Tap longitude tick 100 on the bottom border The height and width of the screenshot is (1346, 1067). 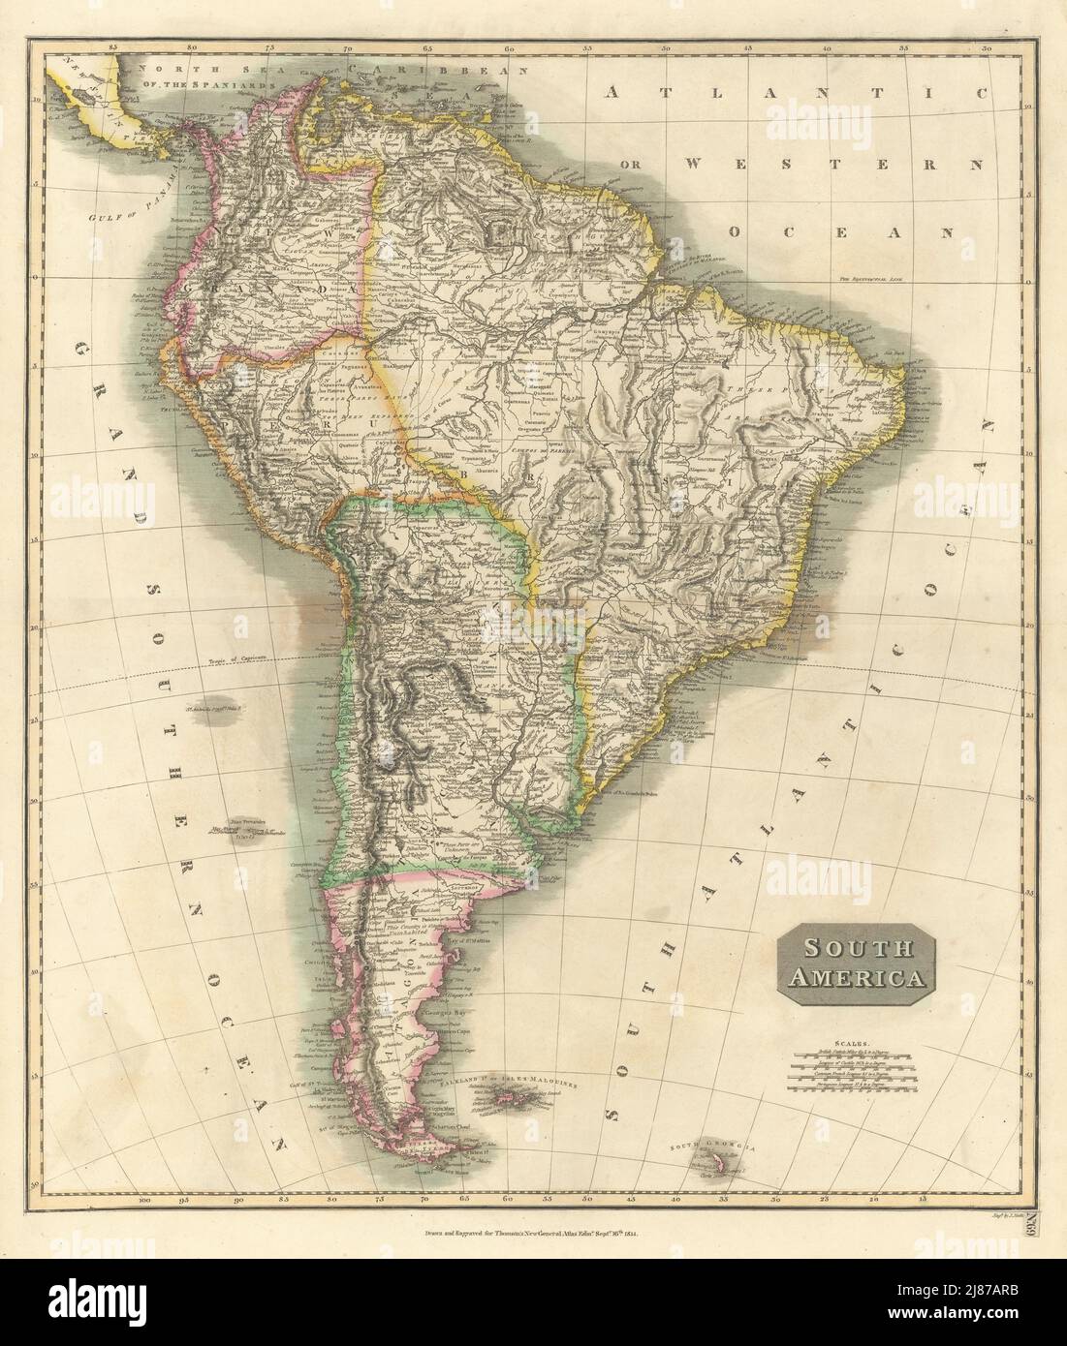pyautogui.click(x=145, y=1201)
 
